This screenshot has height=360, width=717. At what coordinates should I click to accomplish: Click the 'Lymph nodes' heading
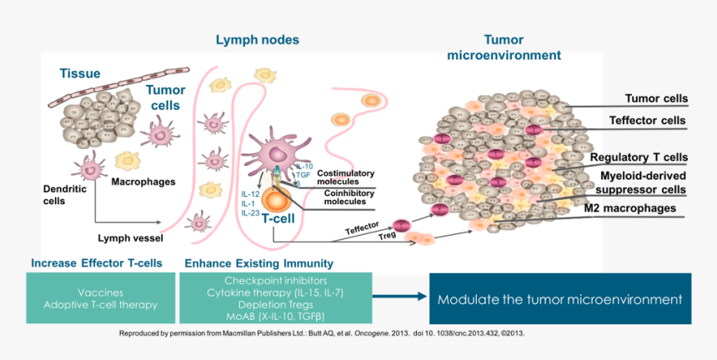(257, 40)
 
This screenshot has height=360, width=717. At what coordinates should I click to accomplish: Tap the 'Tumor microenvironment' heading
(504, 47)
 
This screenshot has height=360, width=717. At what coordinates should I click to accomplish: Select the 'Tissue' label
(80, 73)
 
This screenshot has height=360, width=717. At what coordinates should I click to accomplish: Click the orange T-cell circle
(276, 199)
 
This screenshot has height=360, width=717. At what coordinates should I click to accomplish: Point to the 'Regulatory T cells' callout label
(639, 157)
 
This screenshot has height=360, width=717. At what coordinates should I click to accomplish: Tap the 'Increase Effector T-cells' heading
(96, 263)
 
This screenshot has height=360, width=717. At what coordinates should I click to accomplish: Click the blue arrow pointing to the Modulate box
(398, 295)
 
